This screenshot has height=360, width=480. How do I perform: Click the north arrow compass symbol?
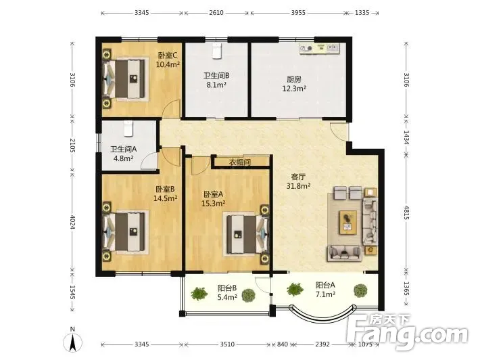(72, 342)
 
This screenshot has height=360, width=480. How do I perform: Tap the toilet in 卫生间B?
(217, 51)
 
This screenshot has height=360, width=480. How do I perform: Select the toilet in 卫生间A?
(128, 129)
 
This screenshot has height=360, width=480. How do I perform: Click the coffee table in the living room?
(348, 222)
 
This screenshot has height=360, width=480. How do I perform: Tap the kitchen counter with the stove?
(320, 49)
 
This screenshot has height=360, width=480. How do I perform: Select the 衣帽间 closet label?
(240, 162)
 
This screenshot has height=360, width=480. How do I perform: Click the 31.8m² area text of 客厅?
(298, 185)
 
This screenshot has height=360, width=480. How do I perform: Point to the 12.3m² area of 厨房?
(294, 89)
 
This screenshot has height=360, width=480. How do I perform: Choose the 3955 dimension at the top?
(298, 13)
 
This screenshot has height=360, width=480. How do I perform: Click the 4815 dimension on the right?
(406, 212)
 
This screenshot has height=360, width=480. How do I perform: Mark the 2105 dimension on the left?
(72, 145)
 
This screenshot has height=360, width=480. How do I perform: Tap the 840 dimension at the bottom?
(282, 344)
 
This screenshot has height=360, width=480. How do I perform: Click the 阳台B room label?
(227, 288)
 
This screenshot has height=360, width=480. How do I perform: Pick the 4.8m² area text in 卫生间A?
(123, 158)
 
